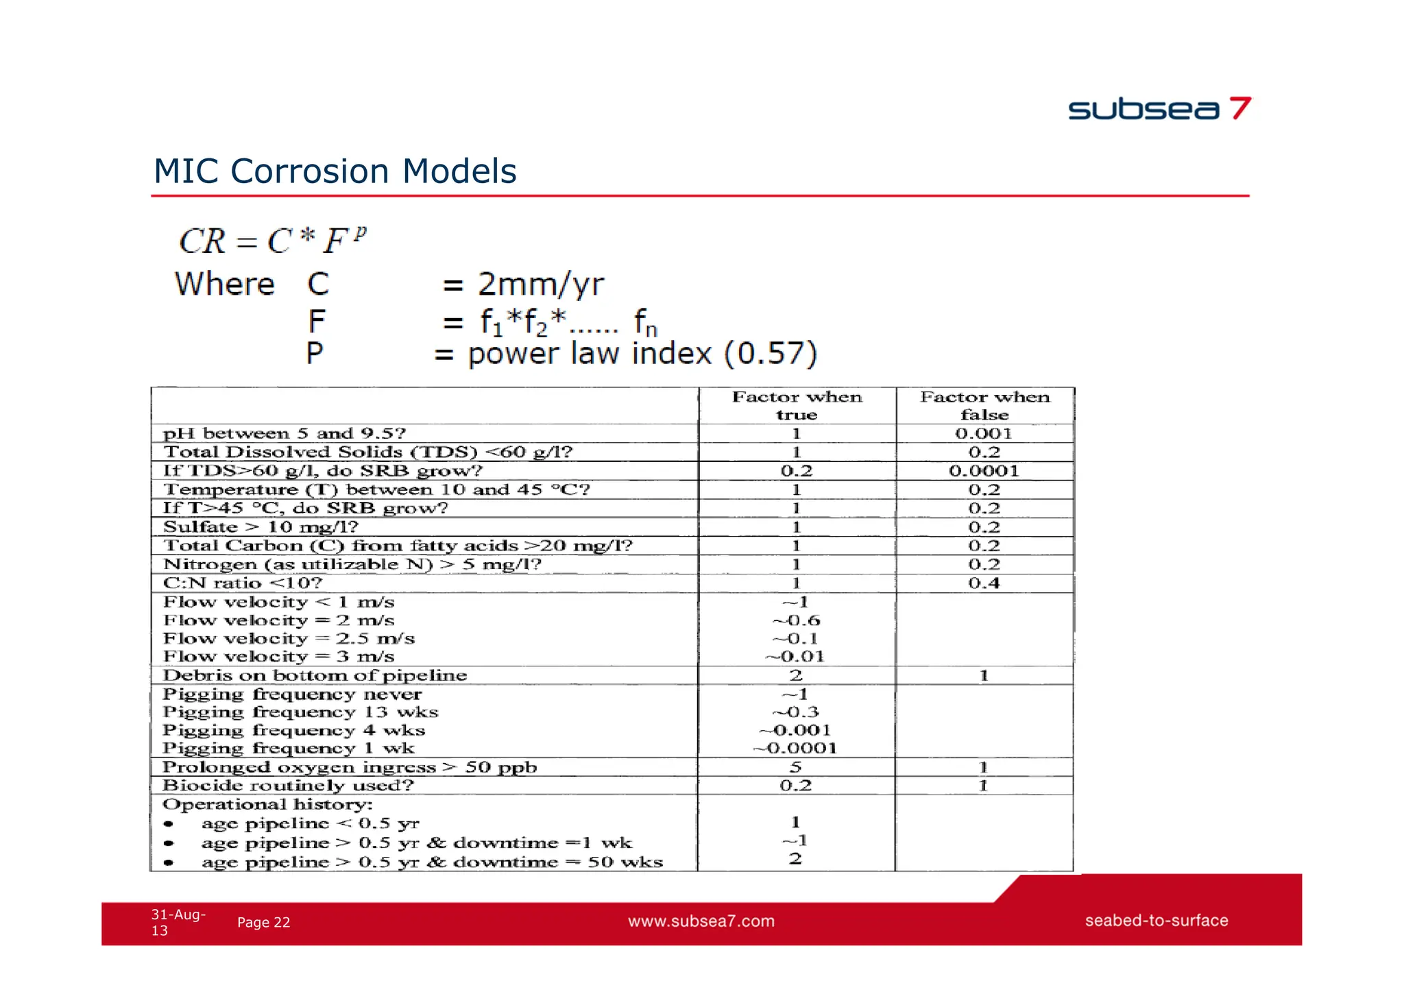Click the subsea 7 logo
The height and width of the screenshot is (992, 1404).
[1159, 109]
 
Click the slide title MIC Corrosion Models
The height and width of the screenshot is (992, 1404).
[335, 171]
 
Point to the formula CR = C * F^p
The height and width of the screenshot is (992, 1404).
[272, 241]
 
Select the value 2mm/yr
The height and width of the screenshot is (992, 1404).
[541, 284]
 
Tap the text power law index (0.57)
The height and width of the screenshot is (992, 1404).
[642, 354]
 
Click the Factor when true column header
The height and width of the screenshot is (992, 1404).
[797, 405]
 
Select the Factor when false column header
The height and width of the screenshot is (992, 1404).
[984, 405]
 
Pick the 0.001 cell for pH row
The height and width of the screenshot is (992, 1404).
[984, 433]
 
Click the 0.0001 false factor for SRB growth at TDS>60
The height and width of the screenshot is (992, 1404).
[984, 471]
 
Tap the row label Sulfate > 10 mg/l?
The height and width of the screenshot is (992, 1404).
[261, 527]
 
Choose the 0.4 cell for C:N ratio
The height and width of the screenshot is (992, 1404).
[984, 583]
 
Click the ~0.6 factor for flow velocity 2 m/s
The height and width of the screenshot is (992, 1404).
[797, 620]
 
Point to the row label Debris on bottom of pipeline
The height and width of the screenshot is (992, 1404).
[315, 675]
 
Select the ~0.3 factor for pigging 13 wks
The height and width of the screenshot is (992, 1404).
[796, 712]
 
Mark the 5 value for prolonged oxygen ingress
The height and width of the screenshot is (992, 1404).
[796, 767]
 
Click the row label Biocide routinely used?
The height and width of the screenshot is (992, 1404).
[288, 786]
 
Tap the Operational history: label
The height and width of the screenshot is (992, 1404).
[267, 804]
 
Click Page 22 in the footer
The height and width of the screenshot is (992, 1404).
[263, 923]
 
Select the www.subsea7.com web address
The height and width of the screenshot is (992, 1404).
[701, 921]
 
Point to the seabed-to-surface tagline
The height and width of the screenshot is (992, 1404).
[1157, 921]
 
